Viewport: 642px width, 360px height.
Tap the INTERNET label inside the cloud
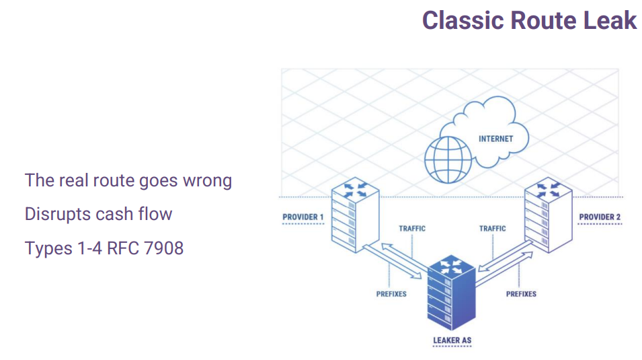click(x=496, y=139)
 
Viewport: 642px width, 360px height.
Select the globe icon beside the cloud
click(x=448, y=160)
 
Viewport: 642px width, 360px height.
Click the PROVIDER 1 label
click(x=303, y=217)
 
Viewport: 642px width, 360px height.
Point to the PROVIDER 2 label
click(x=600, y=217)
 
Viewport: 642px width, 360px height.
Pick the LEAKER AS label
click(x=452, y=340)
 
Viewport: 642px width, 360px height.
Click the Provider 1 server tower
click(x=355, y=215)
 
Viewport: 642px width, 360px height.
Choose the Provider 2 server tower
click(x=549, y=215)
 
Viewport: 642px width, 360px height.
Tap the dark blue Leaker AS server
click(x=452, y=292)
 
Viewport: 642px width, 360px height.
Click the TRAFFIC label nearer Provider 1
click(x=412, y=228)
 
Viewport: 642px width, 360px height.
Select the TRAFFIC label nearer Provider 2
click(x=493, y=228)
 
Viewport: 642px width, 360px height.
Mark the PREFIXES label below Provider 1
click(x=391, y=294)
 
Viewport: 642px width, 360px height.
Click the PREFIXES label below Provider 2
click(x=521, y=294)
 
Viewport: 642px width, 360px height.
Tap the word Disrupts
click(x=58, y=215)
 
